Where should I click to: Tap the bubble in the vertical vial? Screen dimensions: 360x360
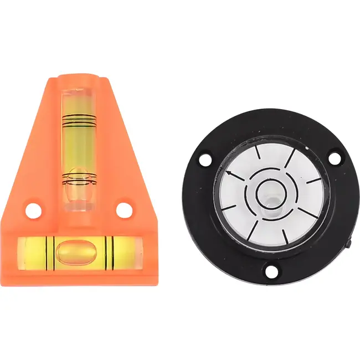point(77,188)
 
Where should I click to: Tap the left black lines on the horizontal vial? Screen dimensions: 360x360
point(49,251)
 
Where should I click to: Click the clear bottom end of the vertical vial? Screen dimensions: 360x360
point(77,205)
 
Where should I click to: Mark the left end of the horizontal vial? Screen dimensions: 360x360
point(22,251)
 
